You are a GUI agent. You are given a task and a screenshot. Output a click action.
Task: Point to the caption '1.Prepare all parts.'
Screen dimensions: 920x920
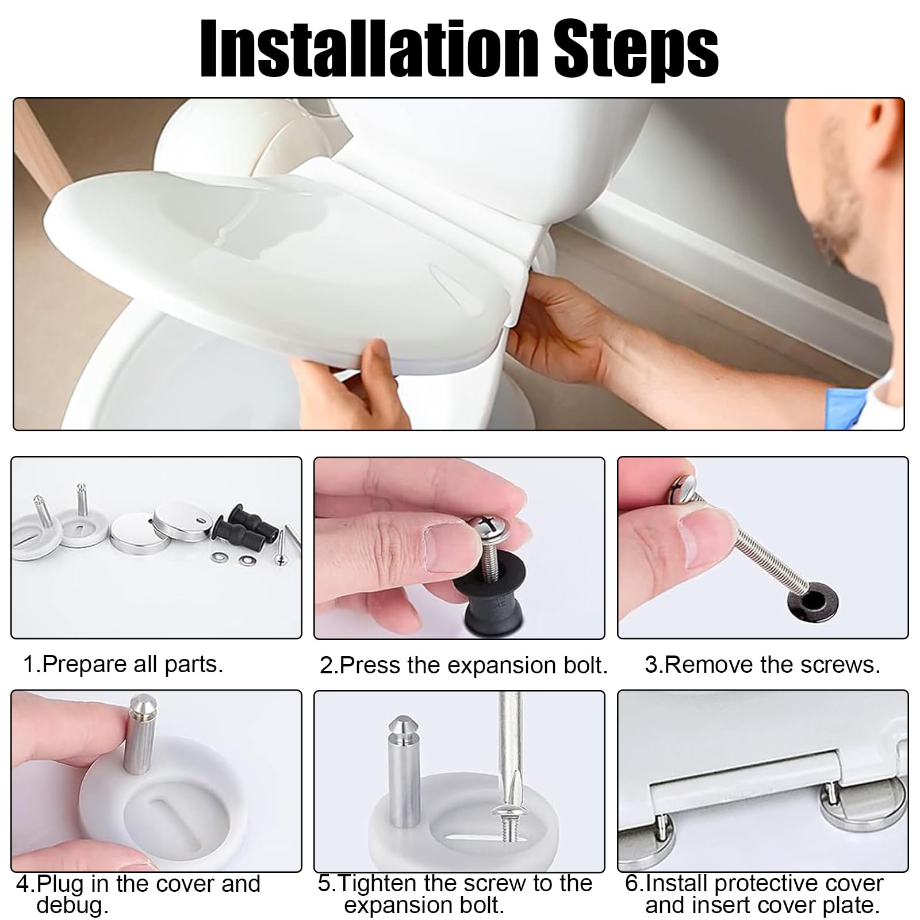point(122,665)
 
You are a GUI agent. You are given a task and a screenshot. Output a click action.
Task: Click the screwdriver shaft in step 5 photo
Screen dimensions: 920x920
point(511,747)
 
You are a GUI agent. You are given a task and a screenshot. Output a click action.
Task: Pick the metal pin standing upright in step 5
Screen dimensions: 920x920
point(403,770)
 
